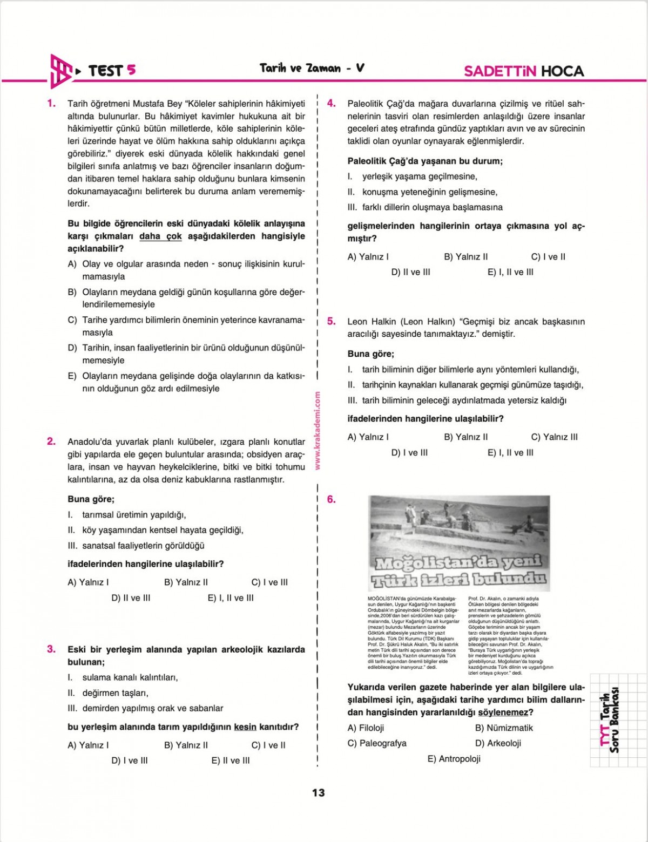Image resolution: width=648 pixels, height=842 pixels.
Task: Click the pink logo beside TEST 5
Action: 60,71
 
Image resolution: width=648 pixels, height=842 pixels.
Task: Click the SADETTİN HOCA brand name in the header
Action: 524,71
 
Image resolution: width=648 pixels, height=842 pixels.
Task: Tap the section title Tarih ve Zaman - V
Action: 312,68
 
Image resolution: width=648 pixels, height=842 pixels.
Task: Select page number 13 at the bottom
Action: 318,792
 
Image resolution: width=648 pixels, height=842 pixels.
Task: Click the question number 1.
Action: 52,103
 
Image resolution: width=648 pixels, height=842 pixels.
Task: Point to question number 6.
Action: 332,499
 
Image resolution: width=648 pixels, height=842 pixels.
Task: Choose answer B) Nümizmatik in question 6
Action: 503,728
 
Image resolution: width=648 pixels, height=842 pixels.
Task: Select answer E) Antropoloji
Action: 454,759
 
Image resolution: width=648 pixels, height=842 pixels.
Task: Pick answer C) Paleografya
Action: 377,743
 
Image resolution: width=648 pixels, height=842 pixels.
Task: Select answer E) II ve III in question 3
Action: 231,760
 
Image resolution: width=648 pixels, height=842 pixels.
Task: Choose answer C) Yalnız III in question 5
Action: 554,437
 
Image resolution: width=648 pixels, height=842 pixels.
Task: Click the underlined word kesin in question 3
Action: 245,727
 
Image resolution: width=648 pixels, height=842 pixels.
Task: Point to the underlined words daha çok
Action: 160,236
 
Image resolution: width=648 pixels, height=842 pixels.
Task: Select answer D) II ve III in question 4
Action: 410,272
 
